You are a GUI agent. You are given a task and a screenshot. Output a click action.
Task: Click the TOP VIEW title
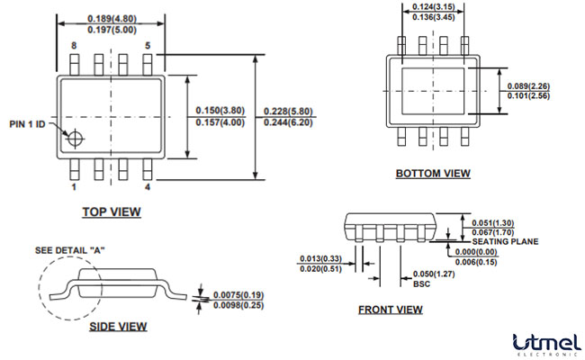click(x=112, y=211)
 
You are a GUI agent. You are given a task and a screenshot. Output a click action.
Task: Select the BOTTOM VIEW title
click(x=433, y=174)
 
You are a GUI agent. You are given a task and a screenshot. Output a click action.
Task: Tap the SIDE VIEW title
click(x=118, y=326)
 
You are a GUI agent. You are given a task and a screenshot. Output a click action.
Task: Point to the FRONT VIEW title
click(x=390, y=310)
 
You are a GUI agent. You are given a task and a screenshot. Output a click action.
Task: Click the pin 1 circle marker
click(x=75, y=139)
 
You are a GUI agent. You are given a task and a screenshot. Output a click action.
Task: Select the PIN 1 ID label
click(x=28, y=123)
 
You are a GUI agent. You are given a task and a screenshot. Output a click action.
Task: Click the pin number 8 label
click(x=74, y=45)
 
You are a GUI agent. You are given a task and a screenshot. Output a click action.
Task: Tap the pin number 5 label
click(x=148, y=45)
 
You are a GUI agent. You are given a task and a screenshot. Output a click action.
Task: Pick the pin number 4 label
click(x=148, y=187)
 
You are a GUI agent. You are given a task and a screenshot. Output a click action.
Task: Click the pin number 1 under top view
click(x=74, y=187)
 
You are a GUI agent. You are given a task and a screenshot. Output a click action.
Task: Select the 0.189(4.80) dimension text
click(x=112, y=19)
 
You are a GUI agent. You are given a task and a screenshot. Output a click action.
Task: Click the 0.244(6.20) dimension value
click(x=287, y=122)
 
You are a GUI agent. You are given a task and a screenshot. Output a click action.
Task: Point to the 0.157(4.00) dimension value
click(x=220, y=122)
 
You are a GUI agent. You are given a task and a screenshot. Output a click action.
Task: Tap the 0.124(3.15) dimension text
click(x=434, y=7)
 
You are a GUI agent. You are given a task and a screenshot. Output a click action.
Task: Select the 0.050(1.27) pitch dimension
click(x=431, y=273)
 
